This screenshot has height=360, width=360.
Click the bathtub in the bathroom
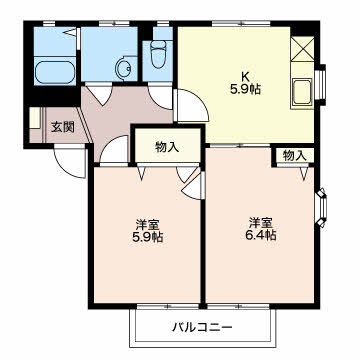55,72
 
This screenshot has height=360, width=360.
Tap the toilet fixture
158,54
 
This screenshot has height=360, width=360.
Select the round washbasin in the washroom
123,69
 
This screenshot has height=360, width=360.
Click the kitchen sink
302,93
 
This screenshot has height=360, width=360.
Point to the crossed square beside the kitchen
302,49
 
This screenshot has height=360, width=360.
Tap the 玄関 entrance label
62,127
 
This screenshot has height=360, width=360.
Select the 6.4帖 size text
261,236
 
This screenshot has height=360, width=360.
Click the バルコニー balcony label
202,327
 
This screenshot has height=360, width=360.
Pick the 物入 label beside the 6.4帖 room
294,155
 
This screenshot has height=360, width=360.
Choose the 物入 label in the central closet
167,147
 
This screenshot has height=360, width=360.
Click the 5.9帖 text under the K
245,89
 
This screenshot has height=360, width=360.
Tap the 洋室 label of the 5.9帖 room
148,224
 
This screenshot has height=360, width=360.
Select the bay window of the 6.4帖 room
321,207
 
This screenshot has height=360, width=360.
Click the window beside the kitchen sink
320,85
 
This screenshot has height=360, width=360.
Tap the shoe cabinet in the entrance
35,118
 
